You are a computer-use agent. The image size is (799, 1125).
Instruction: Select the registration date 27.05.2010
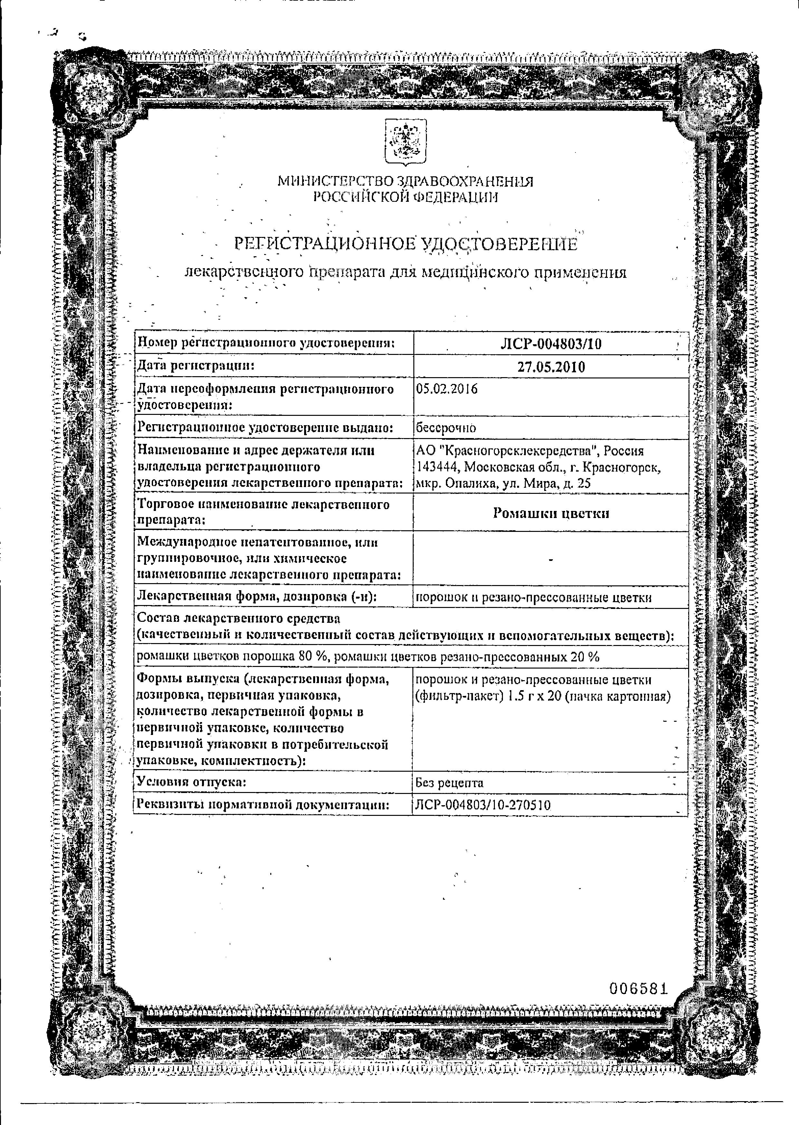pos(551,367)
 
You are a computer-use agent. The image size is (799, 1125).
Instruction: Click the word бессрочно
pos(446,428)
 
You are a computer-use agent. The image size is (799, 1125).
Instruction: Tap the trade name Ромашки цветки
pos(551,513)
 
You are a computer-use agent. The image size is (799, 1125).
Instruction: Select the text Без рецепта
pos(449,782)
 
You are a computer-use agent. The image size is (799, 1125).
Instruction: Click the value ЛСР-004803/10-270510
pos(483,805)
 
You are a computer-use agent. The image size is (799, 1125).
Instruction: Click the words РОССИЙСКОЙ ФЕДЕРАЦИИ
pos(406,197)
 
